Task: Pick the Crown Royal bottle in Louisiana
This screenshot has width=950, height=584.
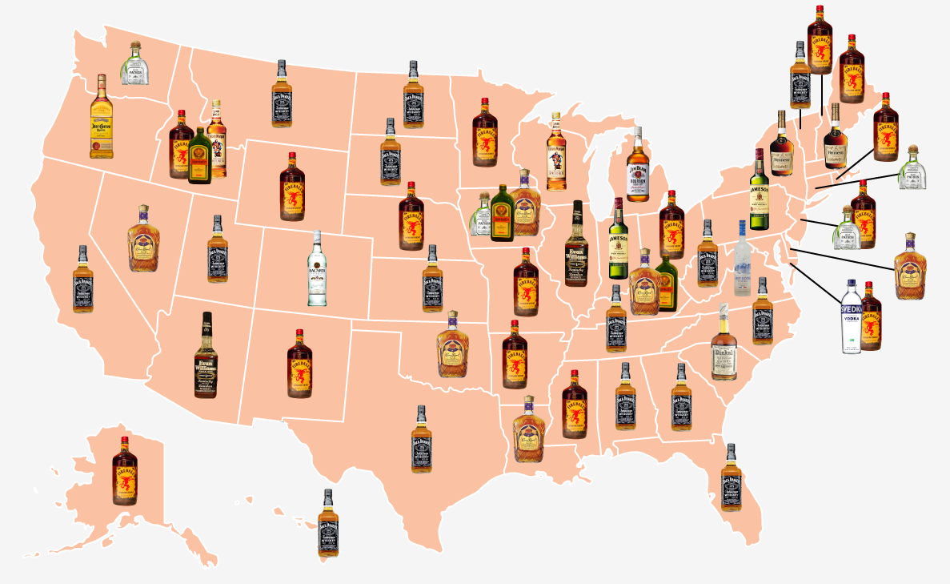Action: click(528, 429)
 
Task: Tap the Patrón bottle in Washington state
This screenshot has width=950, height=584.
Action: click(134, 64)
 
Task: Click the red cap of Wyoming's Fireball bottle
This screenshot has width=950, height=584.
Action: click(292, 156)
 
